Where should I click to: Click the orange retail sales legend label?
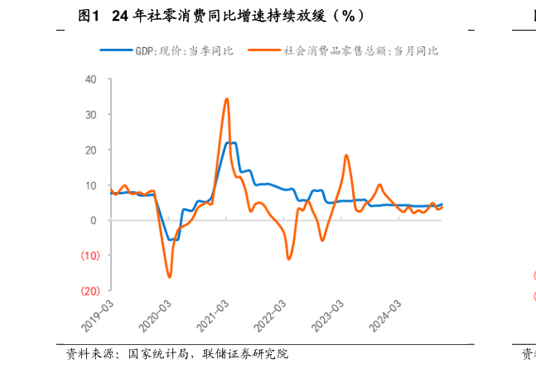click(360, 50)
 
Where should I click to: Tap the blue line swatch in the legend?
click(116, 50)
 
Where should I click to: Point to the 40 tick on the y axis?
click(91, 79)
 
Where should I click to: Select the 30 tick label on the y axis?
click(91, 114)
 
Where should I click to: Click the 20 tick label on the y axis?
click(91, 150)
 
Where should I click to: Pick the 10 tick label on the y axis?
click(91, 185)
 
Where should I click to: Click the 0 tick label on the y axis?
click(94, 220)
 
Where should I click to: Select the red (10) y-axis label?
click(89, 256)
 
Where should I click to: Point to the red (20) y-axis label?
click(89, 290)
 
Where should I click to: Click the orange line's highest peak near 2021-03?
click(226, 99)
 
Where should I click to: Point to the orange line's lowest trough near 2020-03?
click(170, 276)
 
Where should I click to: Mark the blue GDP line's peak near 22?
click(233, 143)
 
